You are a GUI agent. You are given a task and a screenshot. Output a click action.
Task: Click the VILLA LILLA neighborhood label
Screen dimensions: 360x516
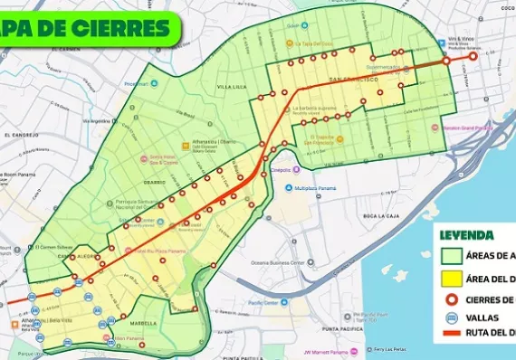point(232,87)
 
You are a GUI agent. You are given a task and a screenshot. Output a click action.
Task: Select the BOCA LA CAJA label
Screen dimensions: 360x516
point(381,215)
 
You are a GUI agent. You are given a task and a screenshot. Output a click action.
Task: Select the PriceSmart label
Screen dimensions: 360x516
point(136,84)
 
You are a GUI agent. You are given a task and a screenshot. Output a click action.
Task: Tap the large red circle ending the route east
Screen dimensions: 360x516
point(473,56)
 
